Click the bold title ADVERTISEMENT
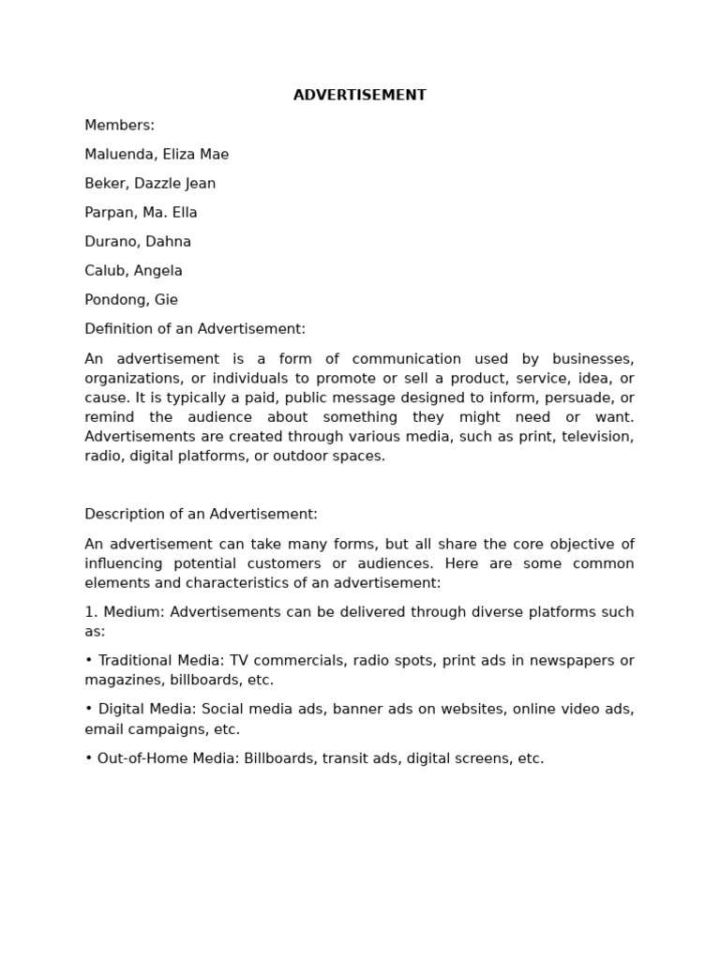(x=359, y=96)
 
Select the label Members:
(x=119, y=126)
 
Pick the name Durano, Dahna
(x=138, y=242)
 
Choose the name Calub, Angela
(x=133, y=271)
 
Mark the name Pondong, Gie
(x=131, y=300)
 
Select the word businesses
(x=592, y=359)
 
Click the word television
(x=600, y=437)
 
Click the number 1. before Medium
(x=90, y=612)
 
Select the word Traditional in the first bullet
(x=136, y=661)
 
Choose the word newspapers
(x=573, y=661)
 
